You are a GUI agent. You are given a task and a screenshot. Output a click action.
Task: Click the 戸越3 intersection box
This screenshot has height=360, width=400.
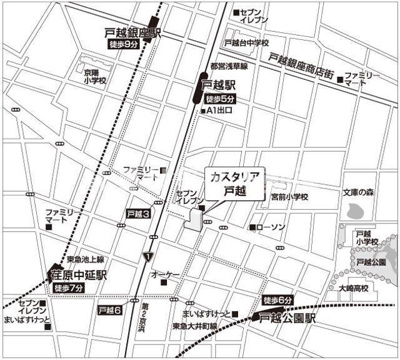(139, 214)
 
